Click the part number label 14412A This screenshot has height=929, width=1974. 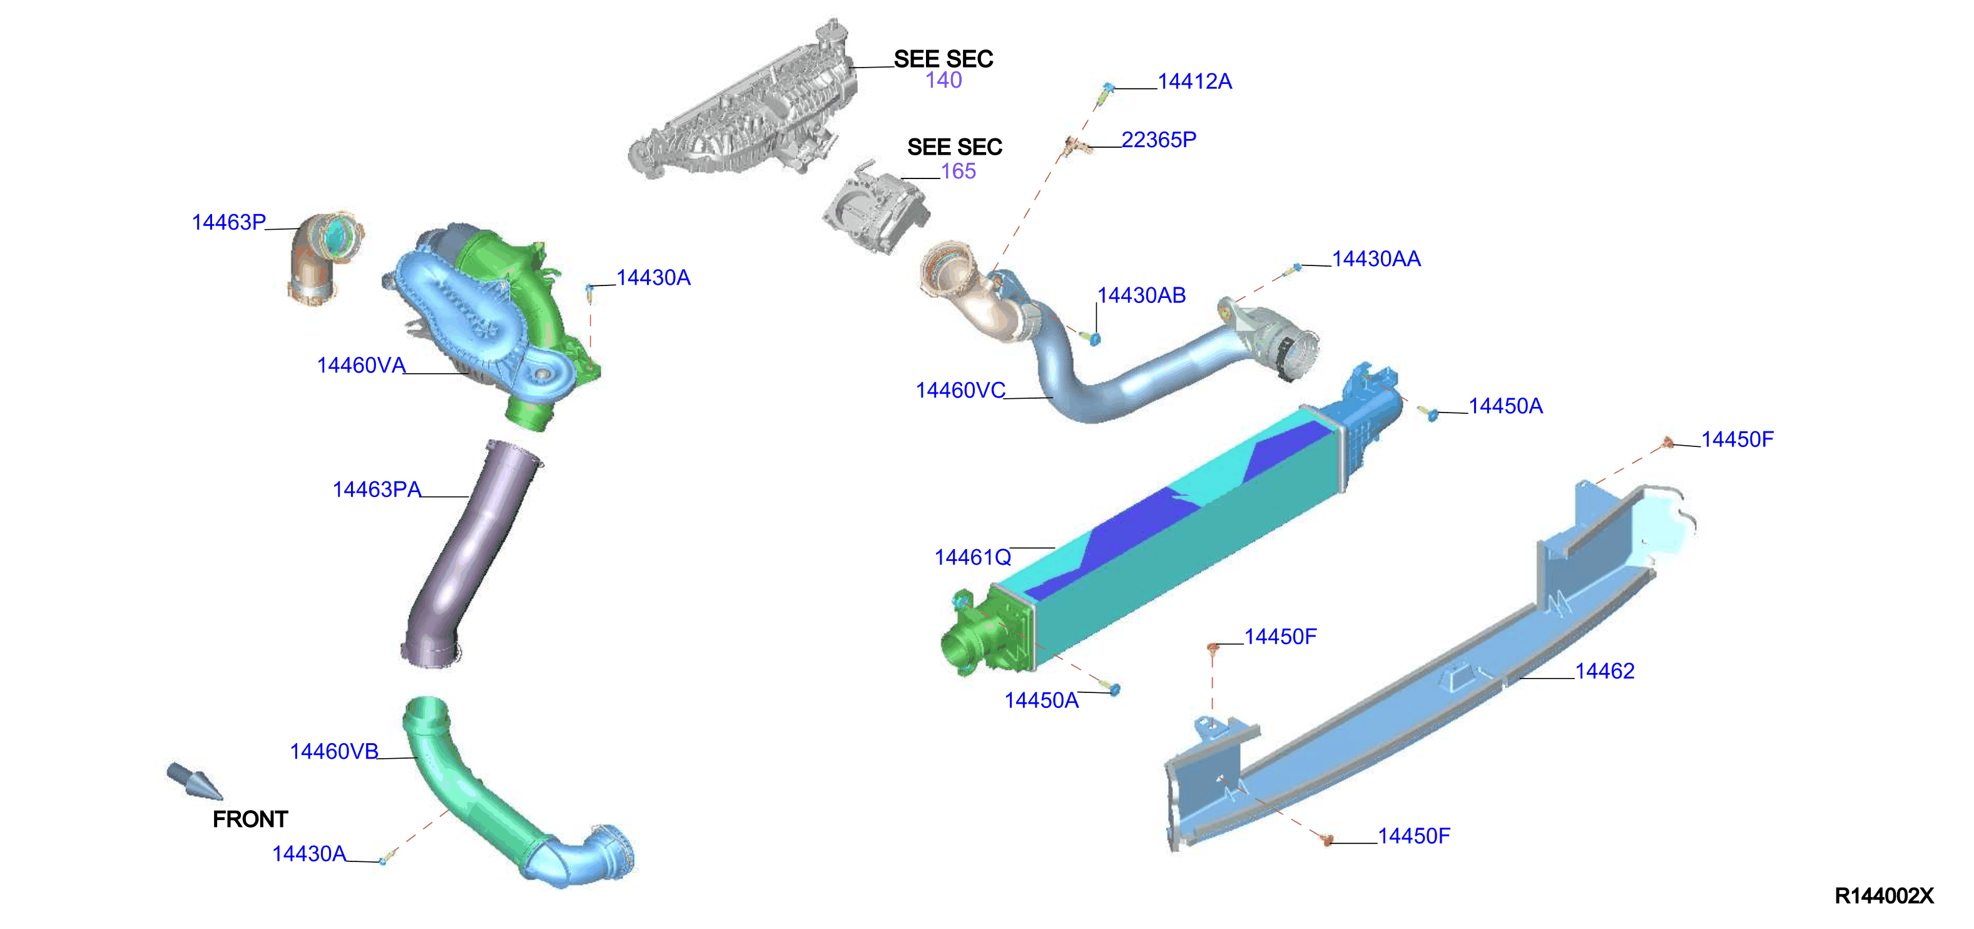point(1194,81)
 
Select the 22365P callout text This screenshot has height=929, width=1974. point(1159,140)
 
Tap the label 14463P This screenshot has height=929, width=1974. point(228,222)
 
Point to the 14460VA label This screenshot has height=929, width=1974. point(361,366)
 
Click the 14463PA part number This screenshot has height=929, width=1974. point(376,490)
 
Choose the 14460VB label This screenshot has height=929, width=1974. point(333,752)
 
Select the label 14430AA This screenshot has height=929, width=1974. point(1376,259)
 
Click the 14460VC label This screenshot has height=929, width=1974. point(960,391)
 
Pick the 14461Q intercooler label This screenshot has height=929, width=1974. point(972,558)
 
